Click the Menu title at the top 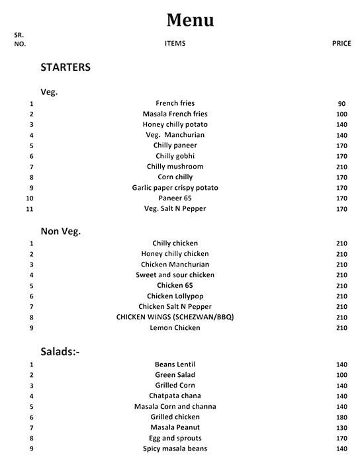click(x=190, y=21)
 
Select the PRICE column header click(x=341, y=44)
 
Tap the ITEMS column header click(x=175, y=44)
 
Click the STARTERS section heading click(x=66, y=67)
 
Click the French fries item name click(x=175, y=104)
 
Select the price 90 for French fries click(x=341, y=104)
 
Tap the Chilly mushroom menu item click(x=175, y=167)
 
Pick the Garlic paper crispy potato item click(x=175, y=188)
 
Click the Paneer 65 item click(x=175, y=198)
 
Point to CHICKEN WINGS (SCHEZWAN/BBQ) click(x=175, y=317)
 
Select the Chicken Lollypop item click(x=175, y=296)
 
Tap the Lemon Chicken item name click(x=175, y=328)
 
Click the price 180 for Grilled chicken click(x=341, y=417)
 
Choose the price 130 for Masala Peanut click(x=341, y=428)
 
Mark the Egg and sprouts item click(x=175, y=439)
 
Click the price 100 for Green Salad click(x=341, y=375)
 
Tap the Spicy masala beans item click(x=175, y=449)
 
